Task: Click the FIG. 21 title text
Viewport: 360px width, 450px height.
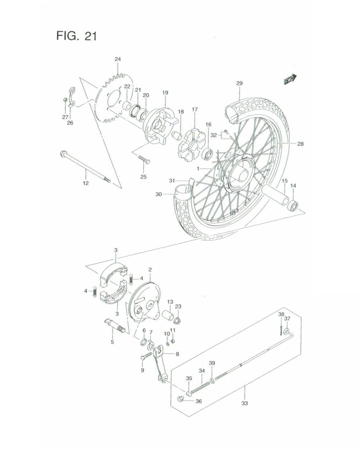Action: click(76, 36)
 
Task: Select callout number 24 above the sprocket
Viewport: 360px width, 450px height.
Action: click(117, 59)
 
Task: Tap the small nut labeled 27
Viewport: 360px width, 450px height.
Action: click(66, 100)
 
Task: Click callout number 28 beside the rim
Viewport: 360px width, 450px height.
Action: click(300, 144)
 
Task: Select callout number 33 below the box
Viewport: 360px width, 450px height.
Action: click(244, 403)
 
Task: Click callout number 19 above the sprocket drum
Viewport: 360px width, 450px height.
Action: click(165, 93)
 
